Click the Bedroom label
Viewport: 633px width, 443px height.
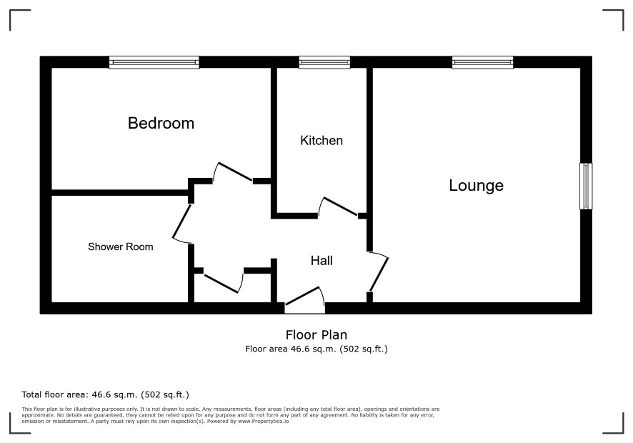pos(161,123)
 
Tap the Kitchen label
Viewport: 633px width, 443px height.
pos(322,141)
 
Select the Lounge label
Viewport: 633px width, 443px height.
pos(477,186)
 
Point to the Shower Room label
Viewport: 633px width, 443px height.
pos(121,247)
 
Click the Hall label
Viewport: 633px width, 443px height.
pos(322,261)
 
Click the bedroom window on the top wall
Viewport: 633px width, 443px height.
pos(154,62)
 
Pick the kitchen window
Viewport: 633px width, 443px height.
pos(324,62)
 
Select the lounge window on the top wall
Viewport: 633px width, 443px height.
pos(483,62)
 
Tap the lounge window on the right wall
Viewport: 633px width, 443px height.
pos(586,186)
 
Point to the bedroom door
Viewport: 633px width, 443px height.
pos(233,172)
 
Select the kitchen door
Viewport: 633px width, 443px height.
pos(339,206)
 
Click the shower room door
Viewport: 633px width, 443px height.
pos(182,224)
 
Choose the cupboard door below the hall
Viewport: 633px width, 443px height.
pos(223,282)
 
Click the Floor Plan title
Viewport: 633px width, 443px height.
pos(316,335)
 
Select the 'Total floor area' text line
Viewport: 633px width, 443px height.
pos(105,394)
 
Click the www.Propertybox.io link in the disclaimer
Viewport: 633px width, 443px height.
pos(263,421)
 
